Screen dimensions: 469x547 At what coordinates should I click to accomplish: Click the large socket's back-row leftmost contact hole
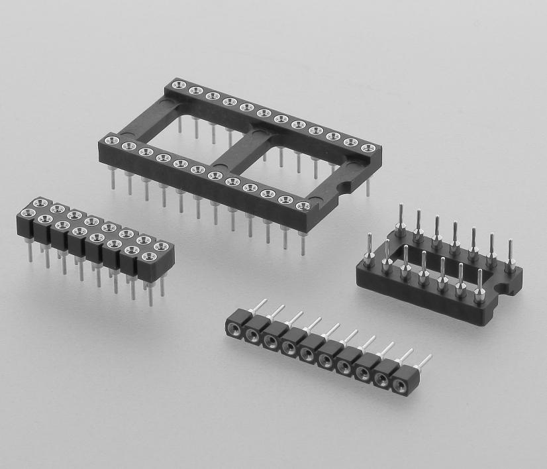pyautogui.click(x=177, y=84)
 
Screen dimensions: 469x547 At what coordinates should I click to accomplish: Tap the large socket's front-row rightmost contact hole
pyautogui.click(x=303, y=206)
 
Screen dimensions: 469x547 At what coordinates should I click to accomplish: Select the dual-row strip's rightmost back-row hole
pyautogui.click(x=160, y=246)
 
